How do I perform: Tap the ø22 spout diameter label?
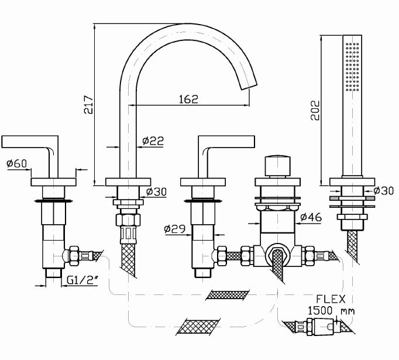tap(153, 140)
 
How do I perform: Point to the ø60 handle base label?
tap(17, 164)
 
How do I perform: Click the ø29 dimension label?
tap(175, 229)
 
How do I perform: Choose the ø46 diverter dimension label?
tap(311, 217)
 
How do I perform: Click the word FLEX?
tap(329, 298)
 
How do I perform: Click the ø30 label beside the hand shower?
tap(383, 190)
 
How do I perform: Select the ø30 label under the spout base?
tap(157, 191)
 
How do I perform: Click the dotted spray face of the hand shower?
tap(353, 66)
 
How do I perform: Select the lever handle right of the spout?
tap(228, 142)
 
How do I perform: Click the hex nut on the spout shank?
tap(128, 222)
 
